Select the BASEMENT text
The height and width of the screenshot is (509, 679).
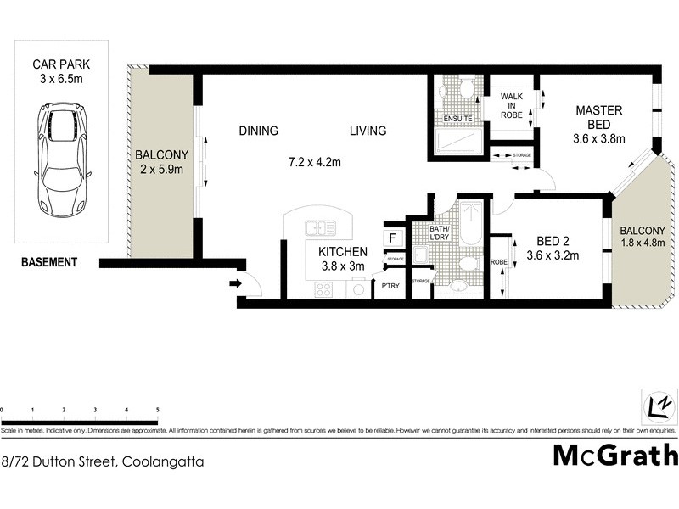49,262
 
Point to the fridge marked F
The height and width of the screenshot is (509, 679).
392,238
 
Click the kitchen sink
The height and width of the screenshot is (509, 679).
321,227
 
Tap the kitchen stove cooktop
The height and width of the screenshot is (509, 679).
323,289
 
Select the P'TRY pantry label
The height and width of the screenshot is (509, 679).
390,286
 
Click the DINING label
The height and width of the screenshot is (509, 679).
258,131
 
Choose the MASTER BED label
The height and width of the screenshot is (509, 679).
599,118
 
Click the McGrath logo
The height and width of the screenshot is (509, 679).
615,455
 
